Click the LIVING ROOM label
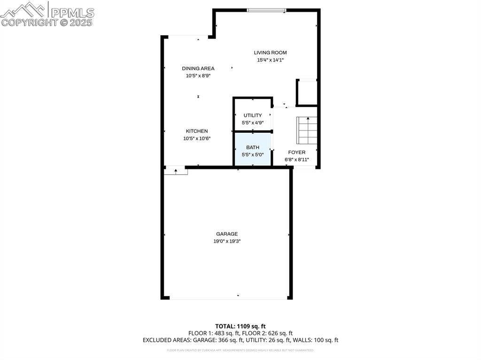pyautogui.click(x=270, y=53)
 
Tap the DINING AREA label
pyautogui.click(x=198, y=69)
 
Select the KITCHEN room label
pyautogui.click(x=197, y=131)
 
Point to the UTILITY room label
pyautogui.click(x=253, y=115)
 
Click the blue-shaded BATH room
pyautogui.click(x=253, y=149)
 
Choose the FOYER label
pyautogui.click(x=297, y=152)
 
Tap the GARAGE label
pyautogui.click(x=227, y=234)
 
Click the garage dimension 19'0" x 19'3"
pyautogui.click(x=227, y=241)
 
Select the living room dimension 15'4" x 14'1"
pyautogui.click(x=270, y=60)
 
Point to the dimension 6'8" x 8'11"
pyautogui.click(x=297, y=160)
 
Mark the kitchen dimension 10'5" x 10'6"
pyautogui.click(x=197, y=138)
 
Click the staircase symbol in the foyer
pyautogui.click(x=307, y=130)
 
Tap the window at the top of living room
pyautogui.click(x=266, y=10)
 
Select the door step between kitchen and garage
pyautogui.click(x=176, y=172)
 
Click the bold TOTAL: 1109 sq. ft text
pyautogui.click(x=240, y=326)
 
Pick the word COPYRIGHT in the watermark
pyautogui.click(x=30, y=22)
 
